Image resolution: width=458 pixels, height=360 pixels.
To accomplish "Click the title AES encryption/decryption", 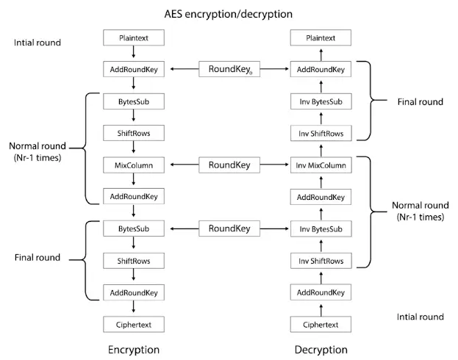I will [x=228, y=14].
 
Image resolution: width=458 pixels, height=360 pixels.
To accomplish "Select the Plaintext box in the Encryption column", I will [x=134, y=37].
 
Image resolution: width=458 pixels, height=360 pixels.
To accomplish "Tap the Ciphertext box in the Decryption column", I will [x=320, y=324].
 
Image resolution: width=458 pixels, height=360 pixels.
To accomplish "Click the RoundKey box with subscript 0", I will [x=229, y=70].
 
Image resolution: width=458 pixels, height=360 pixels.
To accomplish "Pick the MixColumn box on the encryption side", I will [x=134, y=165].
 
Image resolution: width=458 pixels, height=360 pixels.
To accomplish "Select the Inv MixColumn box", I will [x=320, y=165].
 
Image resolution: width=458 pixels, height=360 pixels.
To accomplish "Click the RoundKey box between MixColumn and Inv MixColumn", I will [x=229, y=165].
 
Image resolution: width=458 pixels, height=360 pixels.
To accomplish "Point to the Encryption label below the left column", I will [x=133, y=350].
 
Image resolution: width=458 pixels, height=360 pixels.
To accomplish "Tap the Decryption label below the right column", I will [x=321, y=350].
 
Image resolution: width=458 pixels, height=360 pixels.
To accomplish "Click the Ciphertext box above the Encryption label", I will [x=134, y=324].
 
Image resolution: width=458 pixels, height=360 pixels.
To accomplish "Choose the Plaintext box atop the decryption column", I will [x=320, y=37].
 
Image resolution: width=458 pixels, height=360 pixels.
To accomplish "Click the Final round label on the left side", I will [x=37, y=258].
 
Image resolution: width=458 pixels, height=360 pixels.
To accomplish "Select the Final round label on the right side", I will [x=420, y=101].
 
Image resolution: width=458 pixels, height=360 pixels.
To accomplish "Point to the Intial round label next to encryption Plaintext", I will [x=37, y=43].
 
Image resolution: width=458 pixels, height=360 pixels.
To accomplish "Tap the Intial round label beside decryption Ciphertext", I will [x=420, y=317].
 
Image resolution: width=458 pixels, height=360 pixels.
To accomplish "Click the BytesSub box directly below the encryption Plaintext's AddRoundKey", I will [x=134, y=101].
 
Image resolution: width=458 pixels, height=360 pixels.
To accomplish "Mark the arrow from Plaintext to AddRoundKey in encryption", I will [x=134, y=53].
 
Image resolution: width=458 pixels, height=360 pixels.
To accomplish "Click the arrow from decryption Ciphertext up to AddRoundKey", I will [x=320, y=309].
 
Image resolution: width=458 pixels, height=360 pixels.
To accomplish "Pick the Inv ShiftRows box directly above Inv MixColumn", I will [x=320, y=133].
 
